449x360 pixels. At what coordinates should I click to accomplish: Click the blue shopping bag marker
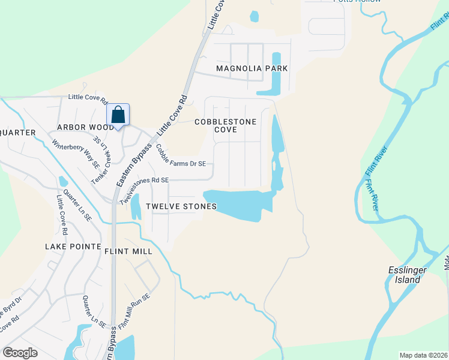click(x=118, y=114)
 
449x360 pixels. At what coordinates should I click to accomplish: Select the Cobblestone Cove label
click(x=225, y=125)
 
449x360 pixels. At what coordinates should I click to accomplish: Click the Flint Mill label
click(x=128, y=251)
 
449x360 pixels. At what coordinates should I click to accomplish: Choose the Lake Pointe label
click(x=70, y=247)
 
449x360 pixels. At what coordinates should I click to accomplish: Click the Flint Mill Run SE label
click(x=133, y=312)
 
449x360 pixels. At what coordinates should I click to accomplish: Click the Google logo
click(x=20, y=353)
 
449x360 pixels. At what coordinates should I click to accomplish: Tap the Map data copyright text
click(x=423, y=355)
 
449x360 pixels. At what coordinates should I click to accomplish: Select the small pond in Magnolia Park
click(x=254, y=16)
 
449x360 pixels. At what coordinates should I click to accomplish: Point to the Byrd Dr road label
click(x=12, y=307)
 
